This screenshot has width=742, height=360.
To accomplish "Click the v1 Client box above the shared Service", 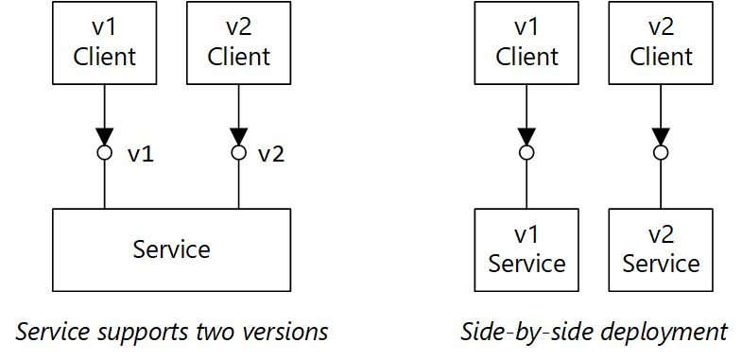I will point(104,43).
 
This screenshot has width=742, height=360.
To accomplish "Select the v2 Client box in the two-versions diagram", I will point(238,43).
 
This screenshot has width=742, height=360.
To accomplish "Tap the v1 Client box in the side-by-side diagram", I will point(526,43).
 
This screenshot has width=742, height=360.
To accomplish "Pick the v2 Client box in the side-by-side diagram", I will point(661,43).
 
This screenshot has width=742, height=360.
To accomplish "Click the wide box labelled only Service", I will point(171,249).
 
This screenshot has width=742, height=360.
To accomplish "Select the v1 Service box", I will point(526,249).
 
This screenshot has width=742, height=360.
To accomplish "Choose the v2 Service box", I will point(661,249).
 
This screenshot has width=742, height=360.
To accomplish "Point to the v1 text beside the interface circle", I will point(140,154).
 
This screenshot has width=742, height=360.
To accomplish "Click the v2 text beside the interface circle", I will point(270,154).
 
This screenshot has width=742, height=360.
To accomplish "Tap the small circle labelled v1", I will point(105,152).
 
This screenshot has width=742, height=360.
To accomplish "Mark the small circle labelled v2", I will point(238,152).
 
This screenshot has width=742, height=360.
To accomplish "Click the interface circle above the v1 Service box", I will point(526,152).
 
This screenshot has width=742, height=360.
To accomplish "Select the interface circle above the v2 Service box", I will point(661,152).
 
